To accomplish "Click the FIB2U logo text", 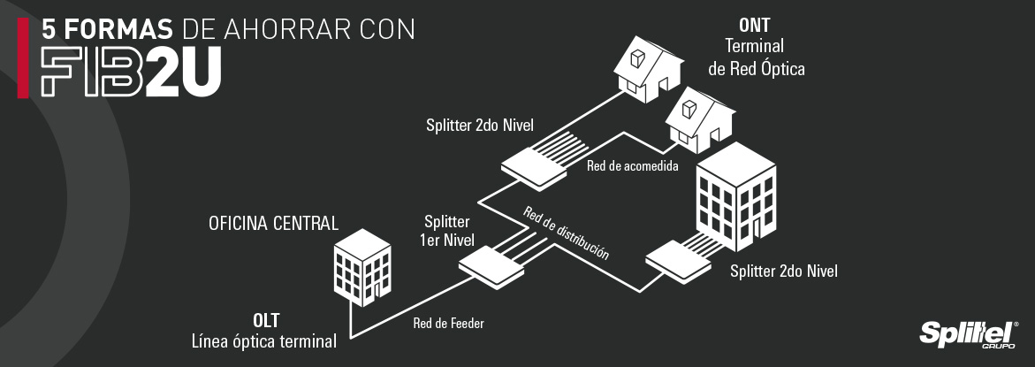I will point(130,72).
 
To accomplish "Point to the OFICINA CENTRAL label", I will point(273,223).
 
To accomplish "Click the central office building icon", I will point(362,267).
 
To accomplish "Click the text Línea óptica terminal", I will point(264,340).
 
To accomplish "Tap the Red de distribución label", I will point(566,232).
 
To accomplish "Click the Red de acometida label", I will point(632,166).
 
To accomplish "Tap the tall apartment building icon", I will point(736,203).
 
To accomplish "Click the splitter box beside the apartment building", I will point(679,261).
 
